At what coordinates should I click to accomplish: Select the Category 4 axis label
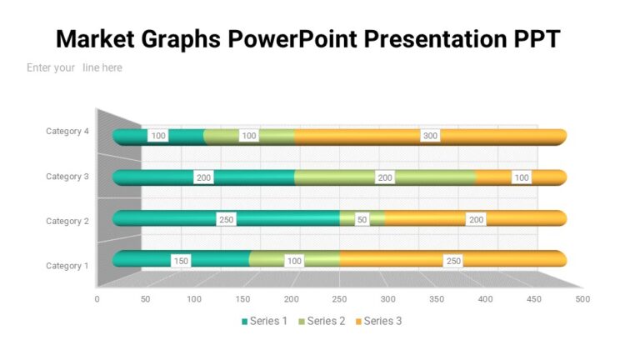[x=67, y=131]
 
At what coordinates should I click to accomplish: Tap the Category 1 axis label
[x=67, y=266]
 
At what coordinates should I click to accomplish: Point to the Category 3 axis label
[x=67, y=176]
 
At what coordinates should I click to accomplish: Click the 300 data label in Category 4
[x=430, y=136]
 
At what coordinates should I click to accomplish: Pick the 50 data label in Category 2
[x=361, y=219]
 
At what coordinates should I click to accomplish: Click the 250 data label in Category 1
[x=453, y=261]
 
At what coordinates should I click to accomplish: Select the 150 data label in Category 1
[x=181, y=261]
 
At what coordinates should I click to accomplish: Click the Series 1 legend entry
[x=264, y=321]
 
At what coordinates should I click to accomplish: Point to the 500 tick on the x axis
[x=582, y=298]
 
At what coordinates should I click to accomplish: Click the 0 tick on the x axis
[x=97, y=298]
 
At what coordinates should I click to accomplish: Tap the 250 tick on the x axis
[x=340, y=298]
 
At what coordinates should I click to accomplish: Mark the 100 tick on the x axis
[x=194, y=298]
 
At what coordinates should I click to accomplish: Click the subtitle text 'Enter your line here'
[x=74, y=67]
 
